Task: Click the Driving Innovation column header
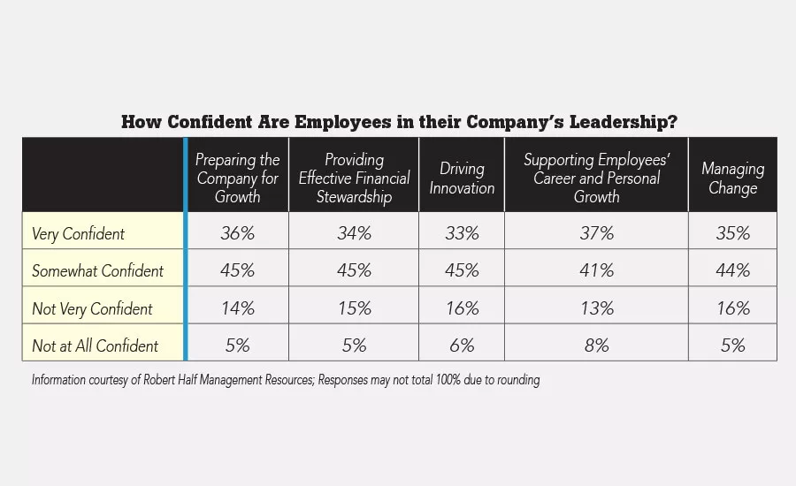pos(461,178)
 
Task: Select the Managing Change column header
pos(732,178)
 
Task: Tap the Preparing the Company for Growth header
pos(237,178)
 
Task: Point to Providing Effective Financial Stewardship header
pos(354,178)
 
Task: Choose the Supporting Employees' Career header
pos(596,178)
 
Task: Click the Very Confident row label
pos(78,234)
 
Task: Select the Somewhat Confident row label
pos(97,271)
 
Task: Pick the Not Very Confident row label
pos(92,308)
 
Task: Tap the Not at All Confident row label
pos(95,346)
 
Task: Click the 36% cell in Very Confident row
pos(237,233)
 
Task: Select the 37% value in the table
pos(596,233)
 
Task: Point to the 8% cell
pos(596,345)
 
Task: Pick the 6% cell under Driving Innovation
pos(461,345)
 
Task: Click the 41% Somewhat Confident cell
pos(596,270)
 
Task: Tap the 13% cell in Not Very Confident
pos(596,308)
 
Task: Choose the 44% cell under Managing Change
pos(732,270)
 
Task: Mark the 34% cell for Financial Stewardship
pos(354,233)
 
